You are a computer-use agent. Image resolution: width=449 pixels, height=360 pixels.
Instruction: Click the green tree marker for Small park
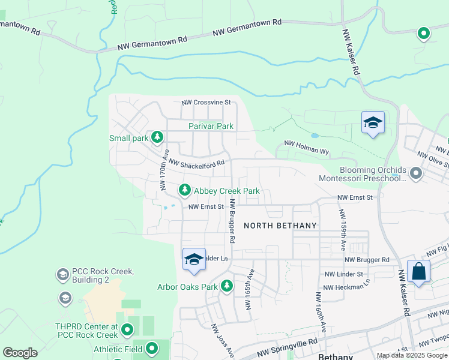[157, 138]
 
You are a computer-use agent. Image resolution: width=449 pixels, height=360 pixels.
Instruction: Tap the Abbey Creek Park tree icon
[185, 191]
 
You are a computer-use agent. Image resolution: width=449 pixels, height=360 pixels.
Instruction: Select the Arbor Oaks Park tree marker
[227, 286]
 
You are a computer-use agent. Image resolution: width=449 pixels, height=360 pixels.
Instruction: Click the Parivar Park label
[211, 127]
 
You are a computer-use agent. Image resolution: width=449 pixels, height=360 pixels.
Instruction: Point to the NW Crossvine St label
[206, 103]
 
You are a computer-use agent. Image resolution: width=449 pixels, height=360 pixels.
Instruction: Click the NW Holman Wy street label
[306, 148]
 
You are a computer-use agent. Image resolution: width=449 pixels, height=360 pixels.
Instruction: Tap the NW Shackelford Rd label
[196, 163]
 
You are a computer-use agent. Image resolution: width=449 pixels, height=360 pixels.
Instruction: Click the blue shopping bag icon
[418, 271]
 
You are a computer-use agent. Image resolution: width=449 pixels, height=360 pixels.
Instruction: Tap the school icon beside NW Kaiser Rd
[373, 123]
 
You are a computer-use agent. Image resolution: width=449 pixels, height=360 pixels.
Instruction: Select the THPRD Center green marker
[127, 329]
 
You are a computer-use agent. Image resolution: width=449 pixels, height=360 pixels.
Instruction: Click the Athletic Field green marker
[152, 348]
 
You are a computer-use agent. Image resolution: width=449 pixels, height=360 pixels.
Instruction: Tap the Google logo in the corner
[20, 353]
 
